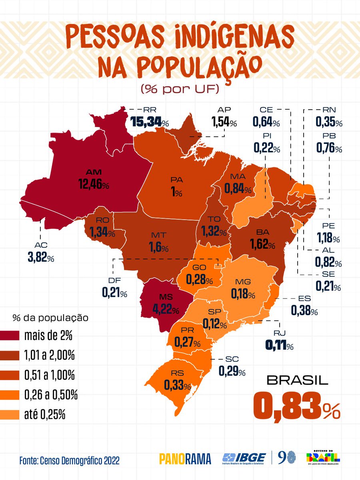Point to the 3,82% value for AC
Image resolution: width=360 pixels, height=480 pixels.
point(41,258)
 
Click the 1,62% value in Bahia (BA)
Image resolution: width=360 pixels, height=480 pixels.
point(262,243)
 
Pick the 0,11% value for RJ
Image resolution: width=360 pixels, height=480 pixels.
point(280,345)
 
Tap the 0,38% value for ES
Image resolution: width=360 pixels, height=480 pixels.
point(304,310)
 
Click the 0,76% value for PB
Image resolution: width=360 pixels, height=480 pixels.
point(329,148)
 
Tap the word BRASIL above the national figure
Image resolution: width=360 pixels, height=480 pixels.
point(297,380)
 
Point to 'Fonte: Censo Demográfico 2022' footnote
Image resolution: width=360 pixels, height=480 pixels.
point(69,460)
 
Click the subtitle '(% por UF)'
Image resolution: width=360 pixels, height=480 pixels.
point(180,89)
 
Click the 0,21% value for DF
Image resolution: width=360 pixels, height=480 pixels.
point(114,293)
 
